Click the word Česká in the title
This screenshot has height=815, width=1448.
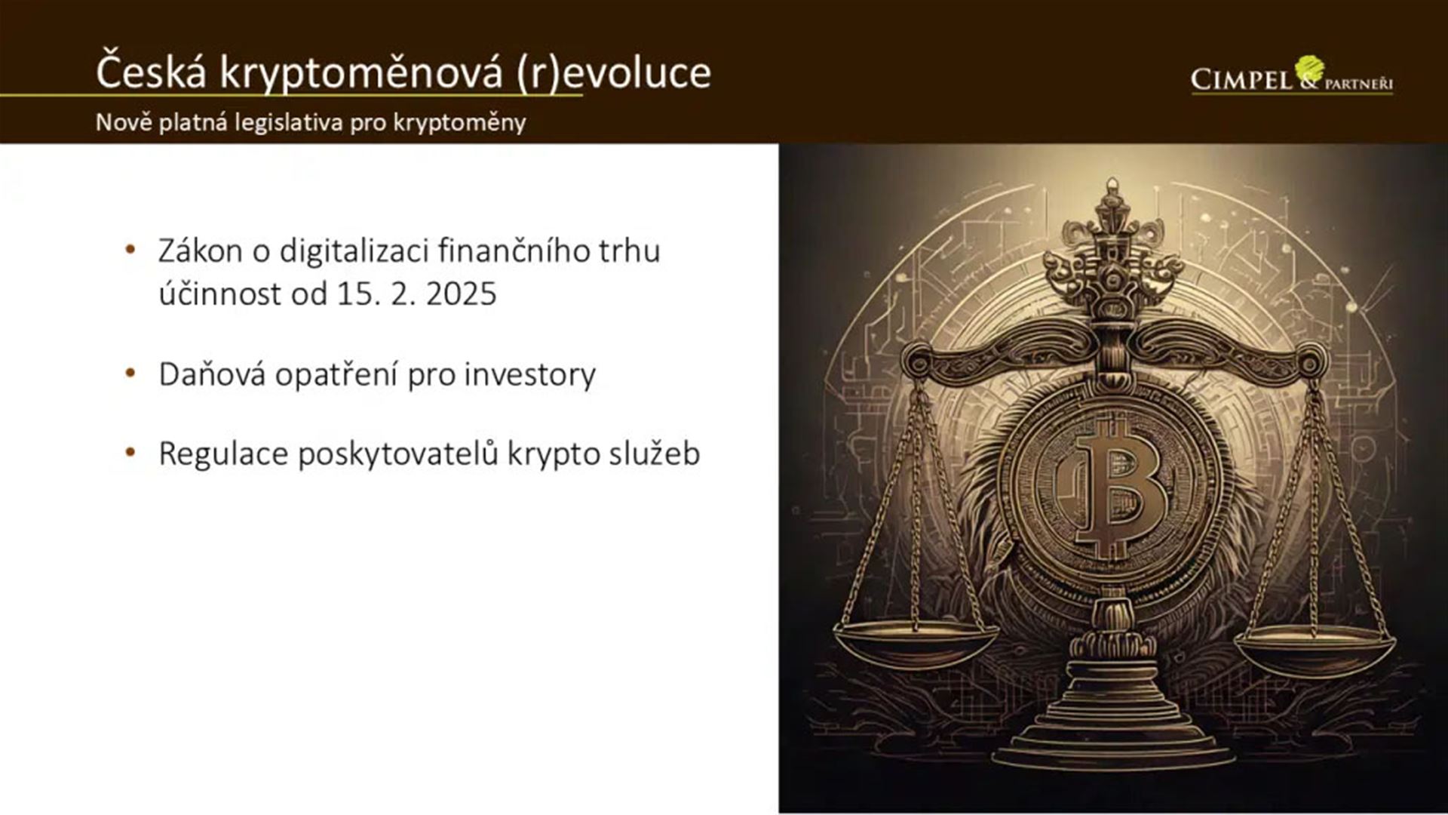pos(151,72)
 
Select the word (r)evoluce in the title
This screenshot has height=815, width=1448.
pos(614,73)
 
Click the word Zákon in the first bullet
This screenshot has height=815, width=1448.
pos(200,251)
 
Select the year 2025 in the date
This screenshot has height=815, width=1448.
pos(461,294)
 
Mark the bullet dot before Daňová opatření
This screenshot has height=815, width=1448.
pos(130,373)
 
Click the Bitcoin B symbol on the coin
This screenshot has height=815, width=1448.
pos(1115,489)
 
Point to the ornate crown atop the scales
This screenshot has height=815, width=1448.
pos(1112,249)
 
